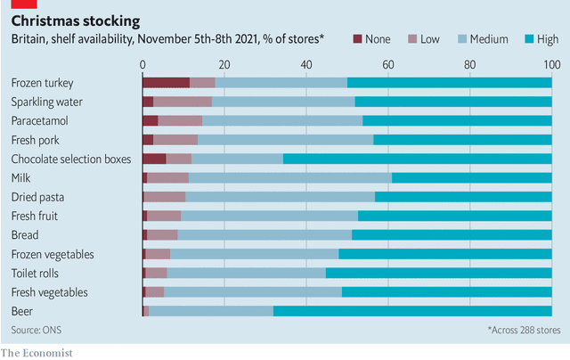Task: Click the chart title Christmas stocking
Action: tap(76, 21)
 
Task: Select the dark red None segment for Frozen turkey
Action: tap(167, 83)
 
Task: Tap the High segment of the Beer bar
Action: tap(412, 311)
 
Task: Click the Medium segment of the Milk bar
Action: tap(290, 178)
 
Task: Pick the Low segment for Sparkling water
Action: tap(183, 102)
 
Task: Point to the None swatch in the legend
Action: tap(358, 39)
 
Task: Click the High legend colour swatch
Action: tap(529, 39)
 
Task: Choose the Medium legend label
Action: tap(489, 39)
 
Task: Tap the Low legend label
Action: tap(430, 39)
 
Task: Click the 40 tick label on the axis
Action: tap(306, 65)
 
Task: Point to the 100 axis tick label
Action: tap(552, 65)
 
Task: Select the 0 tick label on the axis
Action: tap(142, 65)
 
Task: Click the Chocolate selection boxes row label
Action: tap(71, 159)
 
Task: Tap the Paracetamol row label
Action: tap(39, 120)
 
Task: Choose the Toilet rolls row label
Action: tap(35, 273)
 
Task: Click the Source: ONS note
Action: tap(37, 330)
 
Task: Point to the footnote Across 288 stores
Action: tap(524, 330)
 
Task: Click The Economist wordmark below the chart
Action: tap(37, 353)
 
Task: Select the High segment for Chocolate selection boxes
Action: tap(418, 159)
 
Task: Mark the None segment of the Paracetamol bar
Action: tap(151, 120)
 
